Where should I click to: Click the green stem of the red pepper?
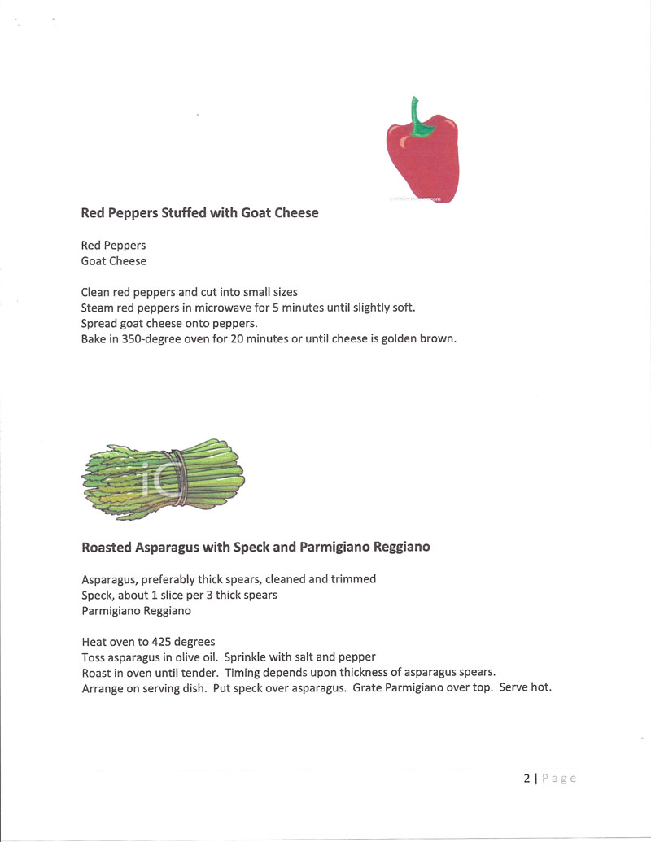419,119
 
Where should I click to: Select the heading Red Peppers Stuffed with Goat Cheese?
199,213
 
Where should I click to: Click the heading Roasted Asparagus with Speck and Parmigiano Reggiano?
256,548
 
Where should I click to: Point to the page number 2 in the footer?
526,778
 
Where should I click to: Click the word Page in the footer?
559,778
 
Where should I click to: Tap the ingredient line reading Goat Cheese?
114,261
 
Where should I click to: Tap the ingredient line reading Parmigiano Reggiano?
136,610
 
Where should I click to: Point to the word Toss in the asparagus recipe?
94,657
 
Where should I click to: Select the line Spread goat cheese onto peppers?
169,323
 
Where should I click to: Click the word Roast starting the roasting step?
97,672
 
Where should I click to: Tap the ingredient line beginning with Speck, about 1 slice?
179,595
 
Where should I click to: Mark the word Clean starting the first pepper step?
97,292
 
